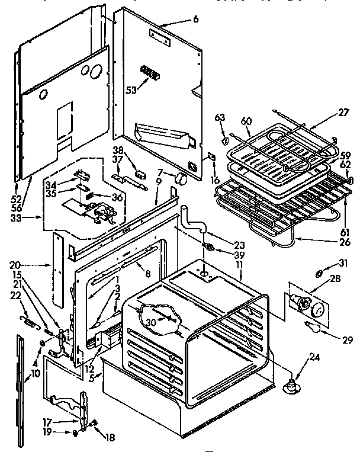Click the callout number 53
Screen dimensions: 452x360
[131, 90]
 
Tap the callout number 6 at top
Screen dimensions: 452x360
[195, 20]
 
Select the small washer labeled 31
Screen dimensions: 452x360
[320, 273]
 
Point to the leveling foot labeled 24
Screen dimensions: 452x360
[291, 385]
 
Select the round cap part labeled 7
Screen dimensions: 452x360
[182, 178]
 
